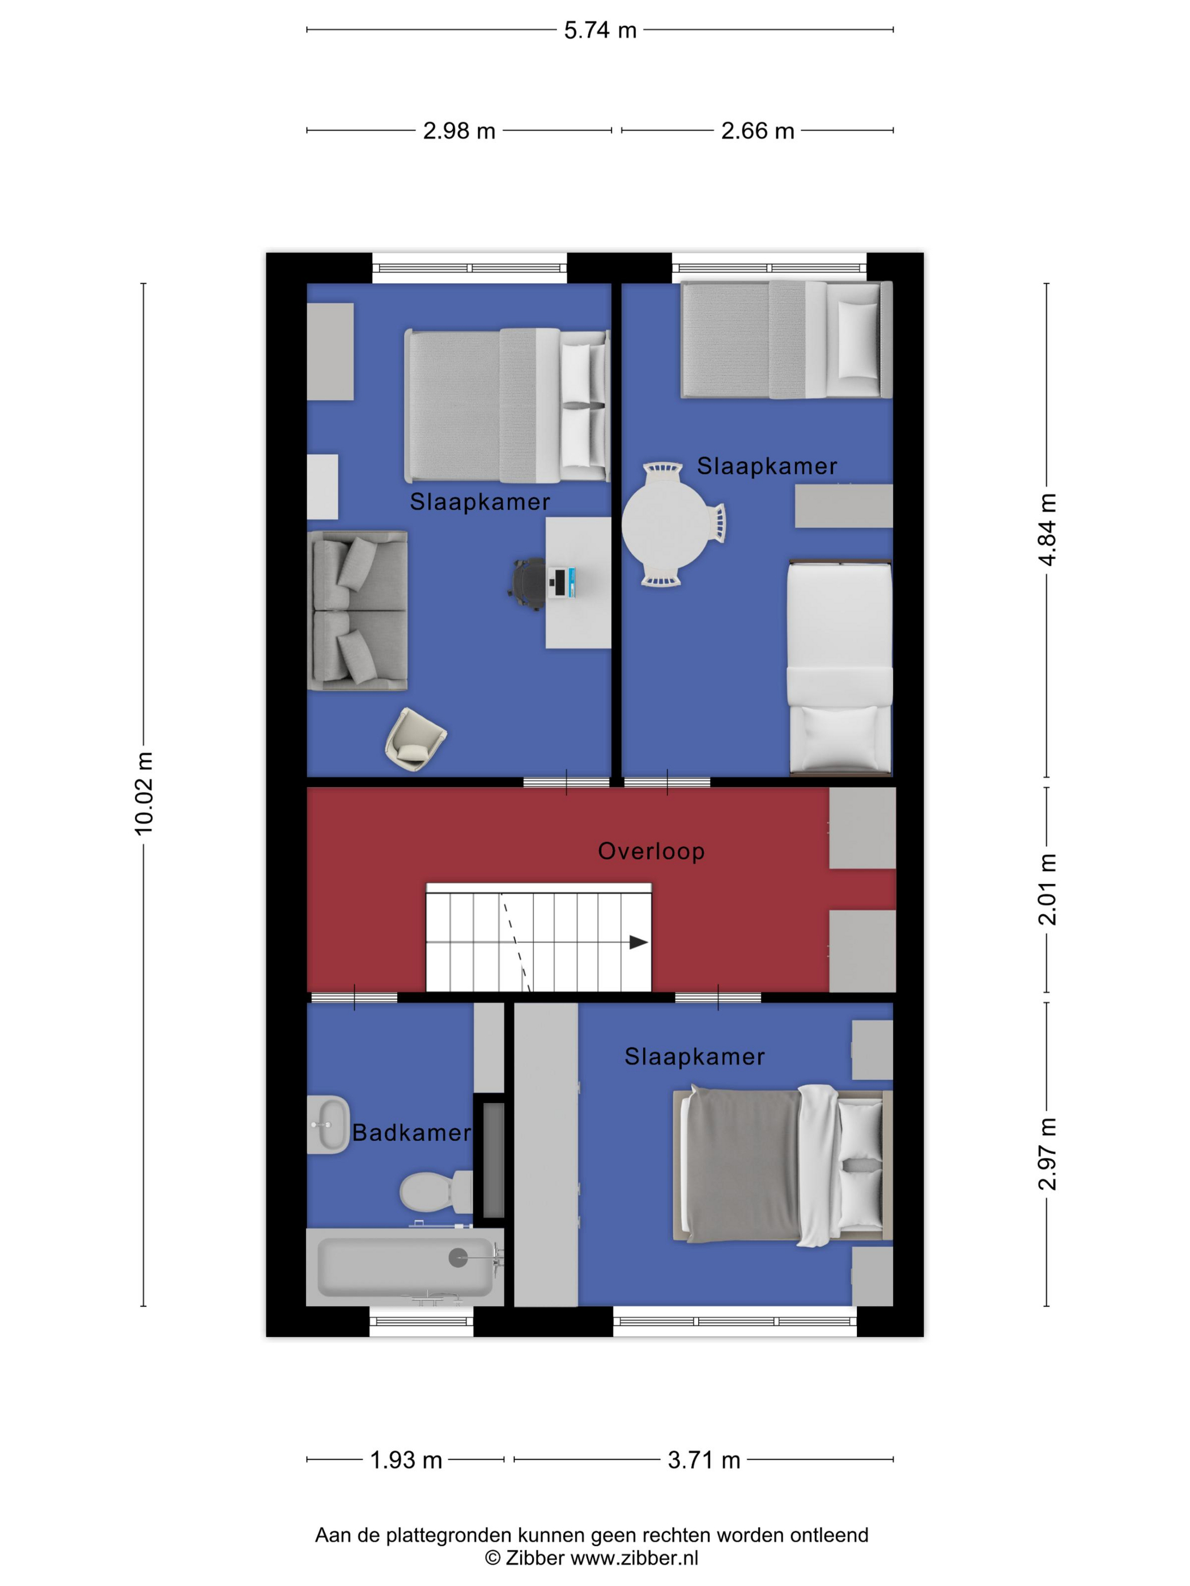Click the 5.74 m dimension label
(x=600, y=30)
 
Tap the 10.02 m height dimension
(x=144, y=793)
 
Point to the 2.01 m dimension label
(x=1047, y=889)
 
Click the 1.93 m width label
(x=406, y=1460)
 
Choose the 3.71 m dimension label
(x=704, y=1460)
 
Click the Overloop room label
(x=651, y=851)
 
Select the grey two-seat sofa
(x=357, y=611)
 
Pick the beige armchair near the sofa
(x=415, y=740)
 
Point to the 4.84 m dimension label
(x=1047, y=530)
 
